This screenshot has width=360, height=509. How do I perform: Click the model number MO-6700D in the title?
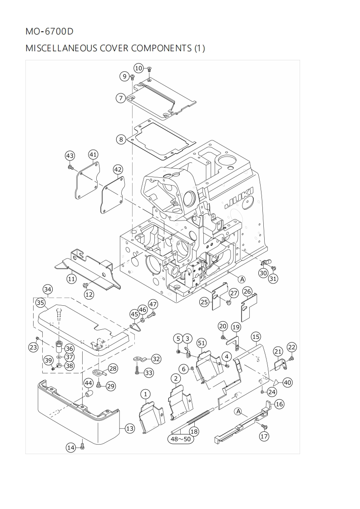pos(49,32)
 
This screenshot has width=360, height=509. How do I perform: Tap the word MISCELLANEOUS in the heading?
pos(61,48)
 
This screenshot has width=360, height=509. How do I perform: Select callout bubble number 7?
pos(120,98)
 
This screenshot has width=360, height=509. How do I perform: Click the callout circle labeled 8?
pos(121,139)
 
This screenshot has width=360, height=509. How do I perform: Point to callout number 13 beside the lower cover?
pos(130,428)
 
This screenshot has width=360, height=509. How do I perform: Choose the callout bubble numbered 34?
pos(48,289)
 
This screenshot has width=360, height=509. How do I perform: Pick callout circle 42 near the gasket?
pos(118,170)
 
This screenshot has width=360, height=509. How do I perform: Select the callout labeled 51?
pos(201,343)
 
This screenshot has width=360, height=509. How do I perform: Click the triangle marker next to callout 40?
pos(276,382)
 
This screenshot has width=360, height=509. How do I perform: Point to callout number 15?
pos(256,337)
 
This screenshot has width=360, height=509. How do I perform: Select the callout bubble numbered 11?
pos(71,279)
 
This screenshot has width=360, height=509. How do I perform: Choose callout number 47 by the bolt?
pos(153,304)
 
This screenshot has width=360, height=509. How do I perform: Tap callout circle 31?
pos(273,279)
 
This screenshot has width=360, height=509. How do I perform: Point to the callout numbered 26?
pos(247,291)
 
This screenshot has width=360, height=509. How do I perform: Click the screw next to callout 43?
pos(71,167)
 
